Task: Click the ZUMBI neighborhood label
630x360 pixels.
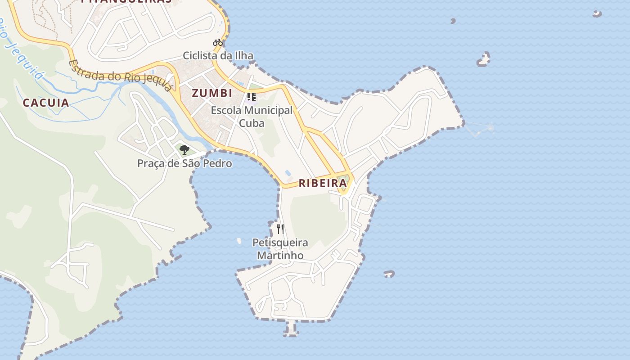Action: tap(212, 93)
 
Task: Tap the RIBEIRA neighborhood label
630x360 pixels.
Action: tap(323, 183)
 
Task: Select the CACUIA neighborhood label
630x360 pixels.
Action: tap(46, 103)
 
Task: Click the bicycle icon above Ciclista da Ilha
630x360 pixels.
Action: tap(218, 43)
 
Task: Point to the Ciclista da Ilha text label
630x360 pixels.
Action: tap(218, 56)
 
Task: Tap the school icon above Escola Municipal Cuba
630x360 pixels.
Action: tap(252, 96)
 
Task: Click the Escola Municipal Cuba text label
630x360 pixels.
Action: tap(252, 117)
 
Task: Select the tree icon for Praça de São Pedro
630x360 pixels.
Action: tap(184, 150)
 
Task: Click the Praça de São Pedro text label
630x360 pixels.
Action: tap(184, 163)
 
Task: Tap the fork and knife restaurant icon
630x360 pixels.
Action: tap(280, 229)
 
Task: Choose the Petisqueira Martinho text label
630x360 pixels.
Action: tap(280, 249)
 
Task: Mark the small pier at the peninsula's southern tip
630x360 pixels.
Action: tap(291, 329)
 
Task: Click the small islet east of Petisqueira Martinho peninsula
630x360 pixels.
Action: tap(389, 274)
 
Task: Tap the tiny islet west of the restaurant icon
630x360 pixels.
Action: tap(239, 241)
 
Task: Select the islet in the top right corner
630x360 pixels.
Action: tap(597, 14)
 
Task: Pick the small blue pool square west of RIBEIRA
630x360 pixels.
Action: tap(288, 173)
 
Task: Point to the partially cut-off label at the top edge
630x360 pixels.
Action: tap(126, 1)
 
